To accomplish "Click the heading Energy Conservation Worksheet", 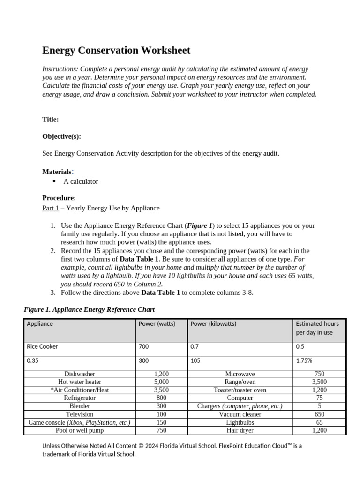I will (116, 51).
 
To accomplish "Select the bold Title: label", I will (50, 120).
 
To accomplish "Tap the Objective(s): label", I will (61, 136).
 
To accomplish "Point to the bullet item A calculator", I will (81, 181).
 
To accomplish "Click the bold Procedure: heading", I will (59, 198).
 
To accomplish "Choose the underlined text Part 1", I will (51, 208).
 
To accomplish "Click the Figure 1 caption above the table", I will (89, 309).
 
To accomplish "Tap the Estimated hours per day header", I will (317, 328).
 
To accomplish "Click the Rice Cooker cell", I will (43, 347).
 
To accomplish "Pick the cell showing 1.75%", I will (304, 361).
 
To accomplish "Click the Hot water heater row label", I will (79, 382).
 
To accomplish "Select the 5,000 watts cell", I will (161, 382).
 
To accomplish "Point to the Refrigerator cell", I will (79, 398).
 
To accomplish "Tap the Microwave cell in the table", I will (240, 374).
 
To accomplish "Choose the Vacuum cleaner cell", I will (240, 414).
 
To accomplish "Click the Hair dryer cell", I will (240, 430).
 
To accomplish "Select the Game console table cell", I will (79, 422).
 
